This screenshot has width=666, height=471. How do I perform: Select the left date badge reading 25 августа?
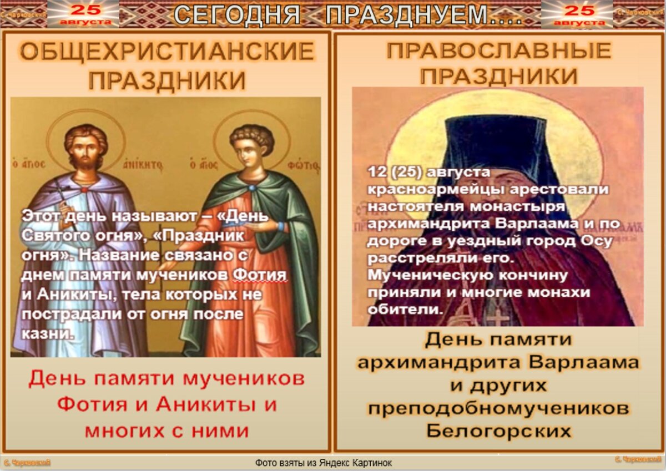tap(83, 14)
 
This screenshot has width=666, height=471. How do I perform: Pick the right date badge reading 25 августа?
tap(578, 14)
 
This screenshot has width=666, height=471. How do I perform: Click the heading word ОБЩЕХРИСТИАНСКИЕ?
tap(167, 53)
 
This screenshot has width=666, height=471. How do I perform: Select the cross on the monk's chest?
tap(500, 318)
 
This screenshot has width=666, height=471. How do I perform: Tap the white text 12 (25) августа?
tap(429, 173)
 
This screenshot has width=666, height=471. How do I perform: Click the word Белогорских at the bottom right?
tap(498, 431)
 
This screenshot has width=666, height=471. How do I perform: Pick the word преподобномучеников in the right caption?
tap(498, 409)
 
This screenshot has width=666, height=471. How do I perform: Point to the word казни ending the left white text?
tap(47, 334)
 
